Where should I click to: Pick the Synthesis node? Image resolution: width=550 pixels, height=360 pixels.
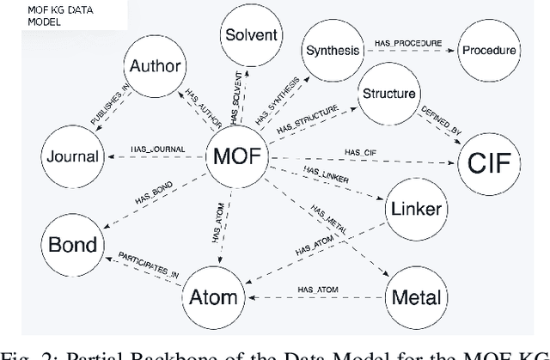click(x=332, y=50)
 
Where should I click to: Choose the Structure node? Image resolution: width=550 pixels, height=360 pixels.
click(x=389, y=94)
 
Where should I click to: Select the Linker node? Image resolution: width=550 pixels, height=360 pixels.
click(x=416, y=210)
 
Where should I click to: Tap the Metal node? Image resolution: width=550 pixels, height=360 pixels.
click(x=416, y=298)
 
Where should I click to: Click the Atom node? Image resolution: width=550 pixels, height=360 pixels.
click(x=209, y=298)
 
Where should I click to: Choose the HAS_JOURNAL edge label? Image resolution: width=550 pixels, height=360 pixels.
click(x=157, y=150)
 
